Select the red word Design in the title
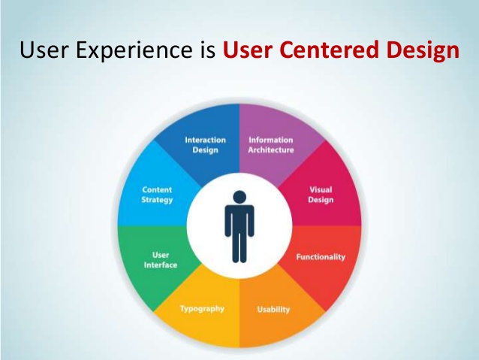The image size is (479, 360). tap(422, 51)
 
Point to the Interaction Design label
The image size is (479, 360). tap(205, 144)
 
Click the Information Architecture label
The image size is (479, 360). tap(271, 144)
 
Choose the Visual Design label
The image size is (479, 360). tap(321, 195)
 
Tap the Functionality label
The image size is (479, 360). tap(321, 257)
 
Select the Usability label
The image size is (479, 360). tap(273, 309)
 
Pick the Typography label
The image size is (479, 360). tap(201, 308)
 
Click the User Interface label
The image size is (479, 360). tap(160, 259)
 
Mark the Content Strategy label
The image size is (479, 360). tap(157, 195)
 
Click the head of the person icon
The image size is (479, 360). tap(239, 197)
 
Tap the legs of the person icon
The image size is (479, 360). tap(239, 247)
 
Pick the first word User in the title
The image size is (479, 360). tap(44, 51)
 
